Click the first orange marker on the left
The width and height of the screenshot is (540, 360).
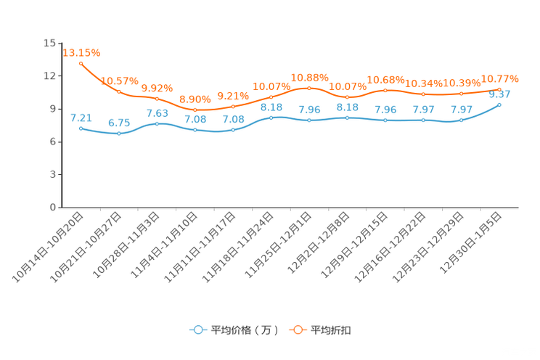click(81, 63)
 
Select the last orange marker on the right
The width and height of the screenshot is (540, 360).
click(500, 89)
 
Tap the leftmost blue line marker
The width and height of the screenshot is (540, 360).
click(81, 128)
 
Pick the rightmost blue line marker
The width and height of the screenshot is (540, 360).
click(500, 105)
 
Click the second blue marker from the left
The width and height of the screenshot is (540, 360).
click(119, 134)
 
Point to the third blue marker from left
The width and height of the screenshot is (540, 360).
click(157, 123)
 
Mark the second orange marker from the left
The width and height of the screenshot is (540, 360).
click(119, 91)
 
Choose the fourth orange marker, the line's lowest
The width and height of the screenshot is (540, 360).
click(195, 110)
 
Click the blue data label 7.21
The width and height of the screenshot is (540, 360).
click(81, 117)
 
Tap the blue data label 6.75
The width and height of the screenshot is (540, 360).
click(118, 123)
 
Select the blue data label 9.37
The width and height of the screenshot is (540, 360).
click(500, 94)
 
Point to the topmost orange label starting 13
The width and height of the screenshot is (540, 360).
click(81, 52)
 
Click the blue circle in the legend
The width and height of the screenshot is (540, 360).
click(197, 330)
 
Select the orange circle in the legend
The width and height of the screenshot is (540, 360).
click(298, 330)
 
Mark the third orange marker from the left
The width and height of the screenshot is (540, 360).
click(157, 99)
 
